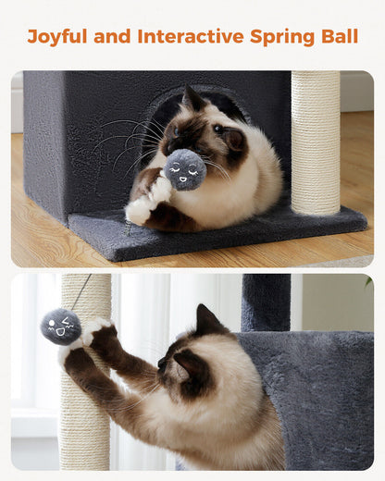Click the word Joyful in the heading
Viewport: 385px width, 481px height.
click(57, 37)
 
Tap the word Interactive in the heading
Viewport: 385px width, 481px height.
click(191, 36)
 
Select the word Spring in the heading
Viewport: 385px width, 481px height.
click(282, 37)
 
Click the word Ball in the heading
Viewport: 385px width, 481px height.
click(340, 36)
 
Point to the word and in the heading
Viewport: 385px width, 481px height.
click(112, 36)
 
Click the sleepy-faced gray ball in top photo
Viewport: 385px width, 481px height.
click(185, 170)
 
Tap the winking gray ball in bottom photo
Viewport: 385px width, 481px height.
click(61, 327)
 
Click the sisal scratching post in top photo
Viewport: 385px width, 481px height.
click(316, 142)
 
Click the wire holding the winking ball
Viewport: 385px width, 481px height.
click(81, 292)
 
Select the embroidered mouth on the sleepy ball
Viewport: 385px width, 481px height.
click(183, 179)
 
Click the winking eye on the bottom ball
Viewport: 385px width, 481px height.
click(67, 321)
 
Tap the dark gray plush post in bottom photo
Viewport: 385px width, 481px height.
click(266, 302)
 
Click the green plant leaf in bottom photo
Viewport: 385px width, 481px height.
click(369, 281)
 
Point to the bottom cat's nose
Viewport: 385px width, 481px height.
click(161, 363)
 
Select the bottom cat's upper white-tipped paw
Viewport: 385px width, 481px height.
click(96, 329)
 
